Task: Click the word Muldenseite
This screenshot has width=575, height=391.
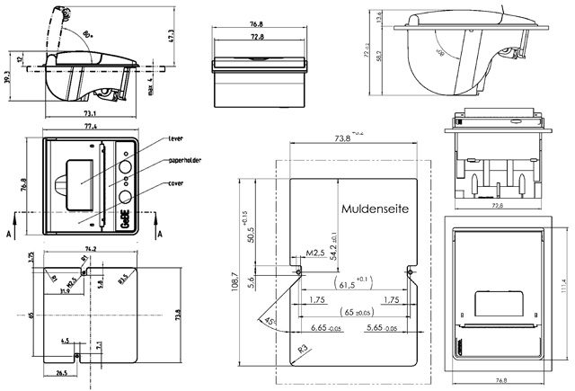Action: click(x=375, y=207)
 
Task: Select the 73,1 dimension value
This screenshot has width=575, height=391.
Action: click(x=91, y=114)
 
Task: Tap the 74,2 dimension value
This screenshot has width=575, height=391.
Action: click(x=91, y=247)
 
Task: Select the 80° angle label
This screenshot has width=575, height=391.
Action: click(x=86, y=35)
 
